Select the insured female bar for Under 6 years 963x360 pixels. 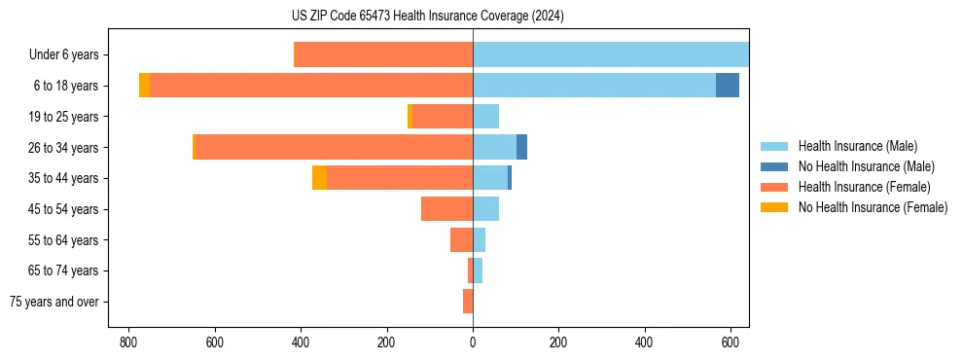tap(383, 55)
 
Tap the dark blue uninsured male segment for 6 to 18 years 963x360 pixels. tap(728, 86)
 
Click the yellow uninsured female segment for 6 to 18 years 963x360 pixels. tap(144, 86)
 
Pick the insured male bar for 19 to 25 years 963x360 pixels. tap(485, 117)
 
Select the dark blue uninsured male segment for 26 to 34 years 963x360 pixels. tap(521, 147)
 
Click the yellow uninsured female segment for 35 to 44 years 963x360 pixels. tap(319, 178)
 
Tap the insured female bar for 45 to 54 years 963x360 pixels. tap(446, 209)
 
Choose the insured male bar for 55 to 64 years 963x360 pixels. tap(479, 239)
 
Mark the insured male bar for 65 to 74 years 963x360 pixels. tap(478, 270)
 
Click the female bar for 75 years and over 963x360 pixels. tap(468, 302)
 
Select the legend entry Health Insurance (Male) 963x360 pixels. tap(856, 146)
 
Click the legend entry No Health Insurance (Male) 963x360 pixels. tap(864, 166)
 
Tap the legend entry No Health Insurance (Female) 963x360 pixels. tap(871, 207)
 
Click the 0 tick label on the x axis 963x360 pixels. tap(473, 342)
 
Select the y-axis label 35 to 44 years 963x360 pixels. tap(64, 178)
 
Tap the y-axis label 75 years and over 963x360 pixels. tap(54, 302)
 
